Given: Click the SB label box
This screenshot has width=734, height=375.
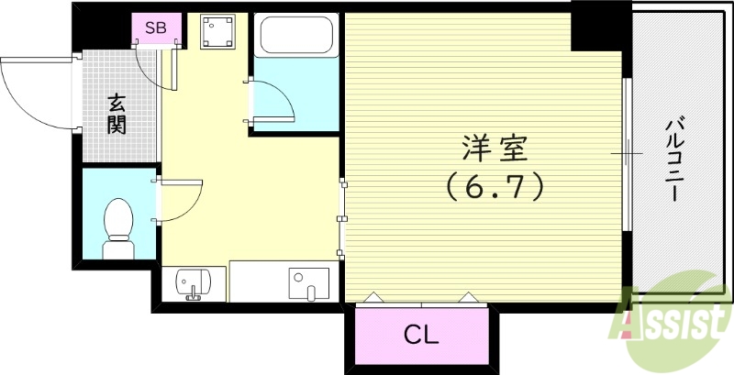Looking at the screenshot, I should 156,28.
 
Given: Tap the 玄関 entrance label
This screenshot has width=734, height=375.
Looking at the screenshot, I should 116,114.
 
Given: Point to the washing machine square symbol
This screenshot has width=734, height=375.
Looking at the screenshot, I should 218,34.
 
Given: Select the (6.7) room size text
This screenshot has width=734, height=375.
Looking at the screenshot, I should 495,187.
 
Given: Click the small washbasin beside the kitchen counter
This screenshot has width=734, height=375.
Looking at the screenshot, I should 192,283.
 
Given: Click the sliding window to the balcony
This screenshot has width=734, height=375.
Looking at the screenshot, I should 628,153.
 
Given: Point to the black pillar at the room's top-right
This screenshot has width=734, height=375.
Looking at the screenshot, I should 596,26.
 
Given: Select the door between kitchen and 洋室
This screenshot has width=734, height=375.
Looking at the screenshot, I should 342,217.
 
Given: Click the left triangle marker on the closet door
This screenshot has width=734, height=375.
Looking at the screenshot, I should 375,297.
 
